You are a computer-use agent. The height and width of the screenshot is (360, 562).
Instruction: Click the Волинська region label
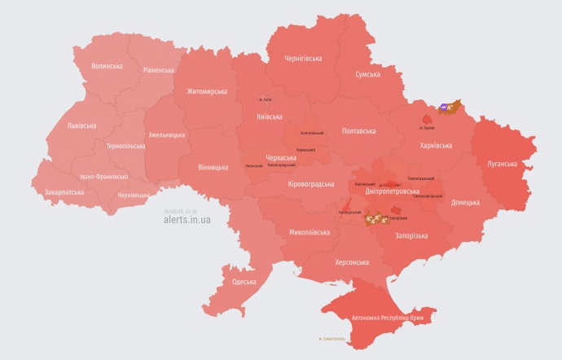(x=107, y=66)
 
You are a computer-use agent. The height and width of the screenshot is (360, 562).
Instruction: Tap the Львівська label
(x=81, y=125)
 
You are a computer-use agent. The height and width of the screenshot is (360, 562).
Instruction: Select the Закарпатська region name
(x=64, y=192)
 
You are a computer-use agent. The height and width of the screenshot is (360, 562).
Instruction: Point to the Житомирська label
(x=207, y=91)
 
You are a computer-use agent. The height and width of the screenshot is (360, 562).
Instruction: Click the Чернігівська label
(x=303, y=59)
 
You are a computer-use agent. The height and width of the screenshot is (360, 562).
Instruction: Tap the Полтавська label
(x=358, y=130)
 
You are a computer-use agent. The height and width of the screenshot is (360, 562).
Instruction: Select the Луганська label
(x=503, y=164)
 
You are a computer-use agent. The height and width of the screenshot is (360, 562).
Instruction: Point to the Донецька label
(x=465, y=202)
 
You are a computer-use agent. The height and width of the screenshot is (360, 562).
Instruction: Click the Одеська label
(x=244, y=282)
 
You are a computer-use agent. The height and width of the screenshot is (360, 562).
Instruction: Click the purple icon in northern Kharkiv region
(x=444, y=106)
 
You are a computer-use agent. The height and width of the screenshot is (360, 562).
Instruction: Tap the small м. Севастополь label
(x=331, y=338)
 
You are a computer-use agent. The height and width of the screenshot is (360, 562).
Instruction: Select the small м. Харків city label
(x=426, y=128)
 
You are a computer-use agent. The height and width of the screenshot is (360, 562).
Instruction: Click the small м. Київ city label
(x=266, y=99)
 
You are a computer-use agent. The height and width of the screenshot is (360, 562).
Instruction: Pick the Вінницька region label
(x=213, y=167)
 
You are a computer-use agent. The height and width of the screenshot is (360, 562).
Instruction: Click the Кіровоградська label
(x=311, y=184)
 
